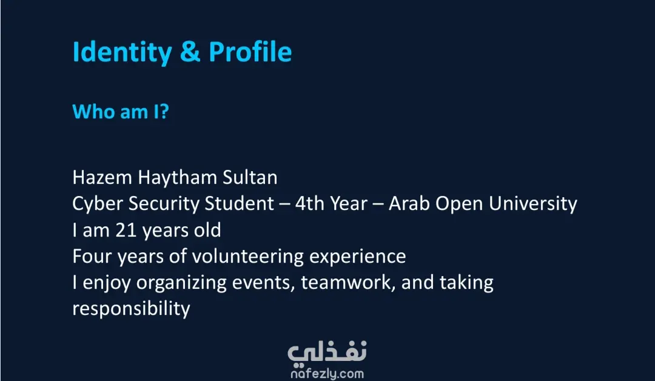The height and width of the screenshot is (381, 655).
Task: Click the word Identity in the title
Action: coord(123,52)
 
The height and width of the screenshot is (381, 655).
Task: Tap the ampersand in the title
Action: coord(190,52)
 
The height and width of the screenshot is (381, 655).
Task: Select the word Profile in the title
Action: coord(250,52)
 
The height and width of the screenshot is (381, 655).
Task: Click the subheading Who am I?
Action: coord(121,112)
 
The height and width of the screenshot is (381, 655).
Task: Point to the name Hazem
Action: coord(102,177)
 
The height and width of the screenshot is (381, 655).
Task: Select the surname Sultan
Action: coord(250,177)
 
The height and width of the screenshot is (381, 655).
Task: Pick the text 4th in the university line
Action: coord(309,203)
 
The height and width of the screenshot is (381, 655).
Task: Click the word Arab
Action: coord(409,203)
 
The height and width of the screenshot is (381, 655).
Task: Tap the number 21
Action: coord(126,230)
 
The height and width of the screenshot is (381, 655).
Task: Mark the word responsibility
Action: coord(131,309)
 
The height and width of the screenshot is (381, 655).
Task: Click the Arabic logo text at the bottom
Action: coord(327,352)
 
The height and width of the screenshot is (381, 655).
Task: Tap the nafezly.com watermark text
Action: coord(327,374)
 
